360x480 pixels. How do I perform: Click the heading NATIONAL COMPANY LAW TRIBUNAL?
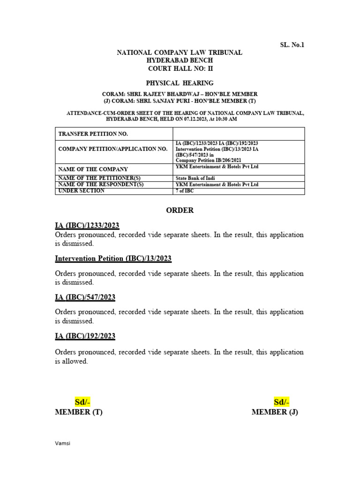pos(180,52)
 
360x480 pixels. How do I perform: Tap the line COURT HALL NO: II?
pos(180,68)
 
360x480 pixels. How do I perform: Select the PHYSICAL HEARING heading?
pos(180,83)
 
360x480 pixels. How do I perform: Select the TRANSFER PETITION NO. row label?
pos(93,134)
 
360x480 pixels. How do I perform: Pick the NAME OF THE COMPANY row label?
pos(93,169)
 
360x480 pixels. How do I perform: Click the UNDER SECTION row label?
pos(82,191)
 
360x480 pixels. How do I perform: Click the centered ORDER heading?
pos(180,210)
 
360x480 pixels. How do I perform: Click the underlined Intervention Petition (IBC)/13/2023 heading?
pos(113,258)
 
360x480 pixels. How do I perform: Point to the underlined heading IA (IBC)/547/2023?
pos(85,297)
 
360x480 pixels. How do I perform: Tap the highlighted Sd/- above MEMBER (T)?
pos(82,402)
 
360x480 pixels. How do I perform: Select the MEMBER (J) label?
pos(275,412)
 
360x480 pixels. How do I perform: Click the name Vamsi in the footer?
pos(63,442)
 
